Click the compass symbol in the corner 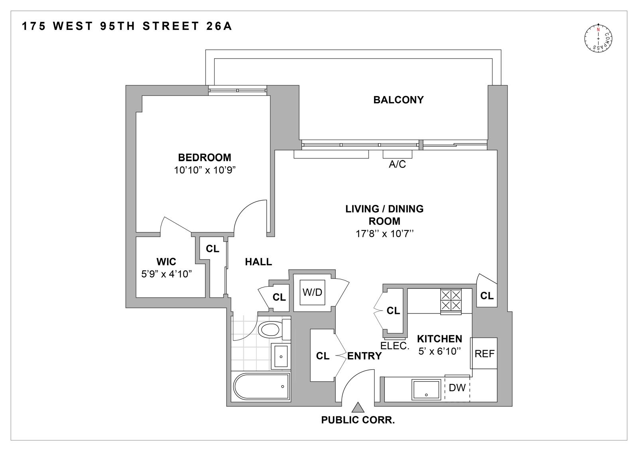point(598,39)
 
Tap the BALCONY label point(398,100)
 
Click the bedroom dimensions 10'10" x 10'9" point(205,170)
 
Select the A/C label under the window point(397,164)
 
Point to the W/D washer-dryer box point(312,292)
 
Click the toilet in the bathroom point(270,329)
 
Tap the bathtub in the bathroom point(260,386)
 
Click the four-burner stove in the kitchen point(451,300)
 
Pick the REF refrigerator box point(484,353)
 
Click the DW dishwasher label point(457,388)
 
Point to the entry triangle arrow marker point(358,407)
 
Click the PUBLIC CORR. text point(358,420)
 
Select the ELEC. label point(395,346)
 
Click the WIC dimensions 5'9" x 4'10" point(167,274)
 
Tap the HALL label point(258,262)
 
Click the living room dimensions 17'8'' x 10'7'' point(384,234)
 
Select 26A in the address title point(219,26)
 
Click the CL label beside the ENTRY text point(323,356)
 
